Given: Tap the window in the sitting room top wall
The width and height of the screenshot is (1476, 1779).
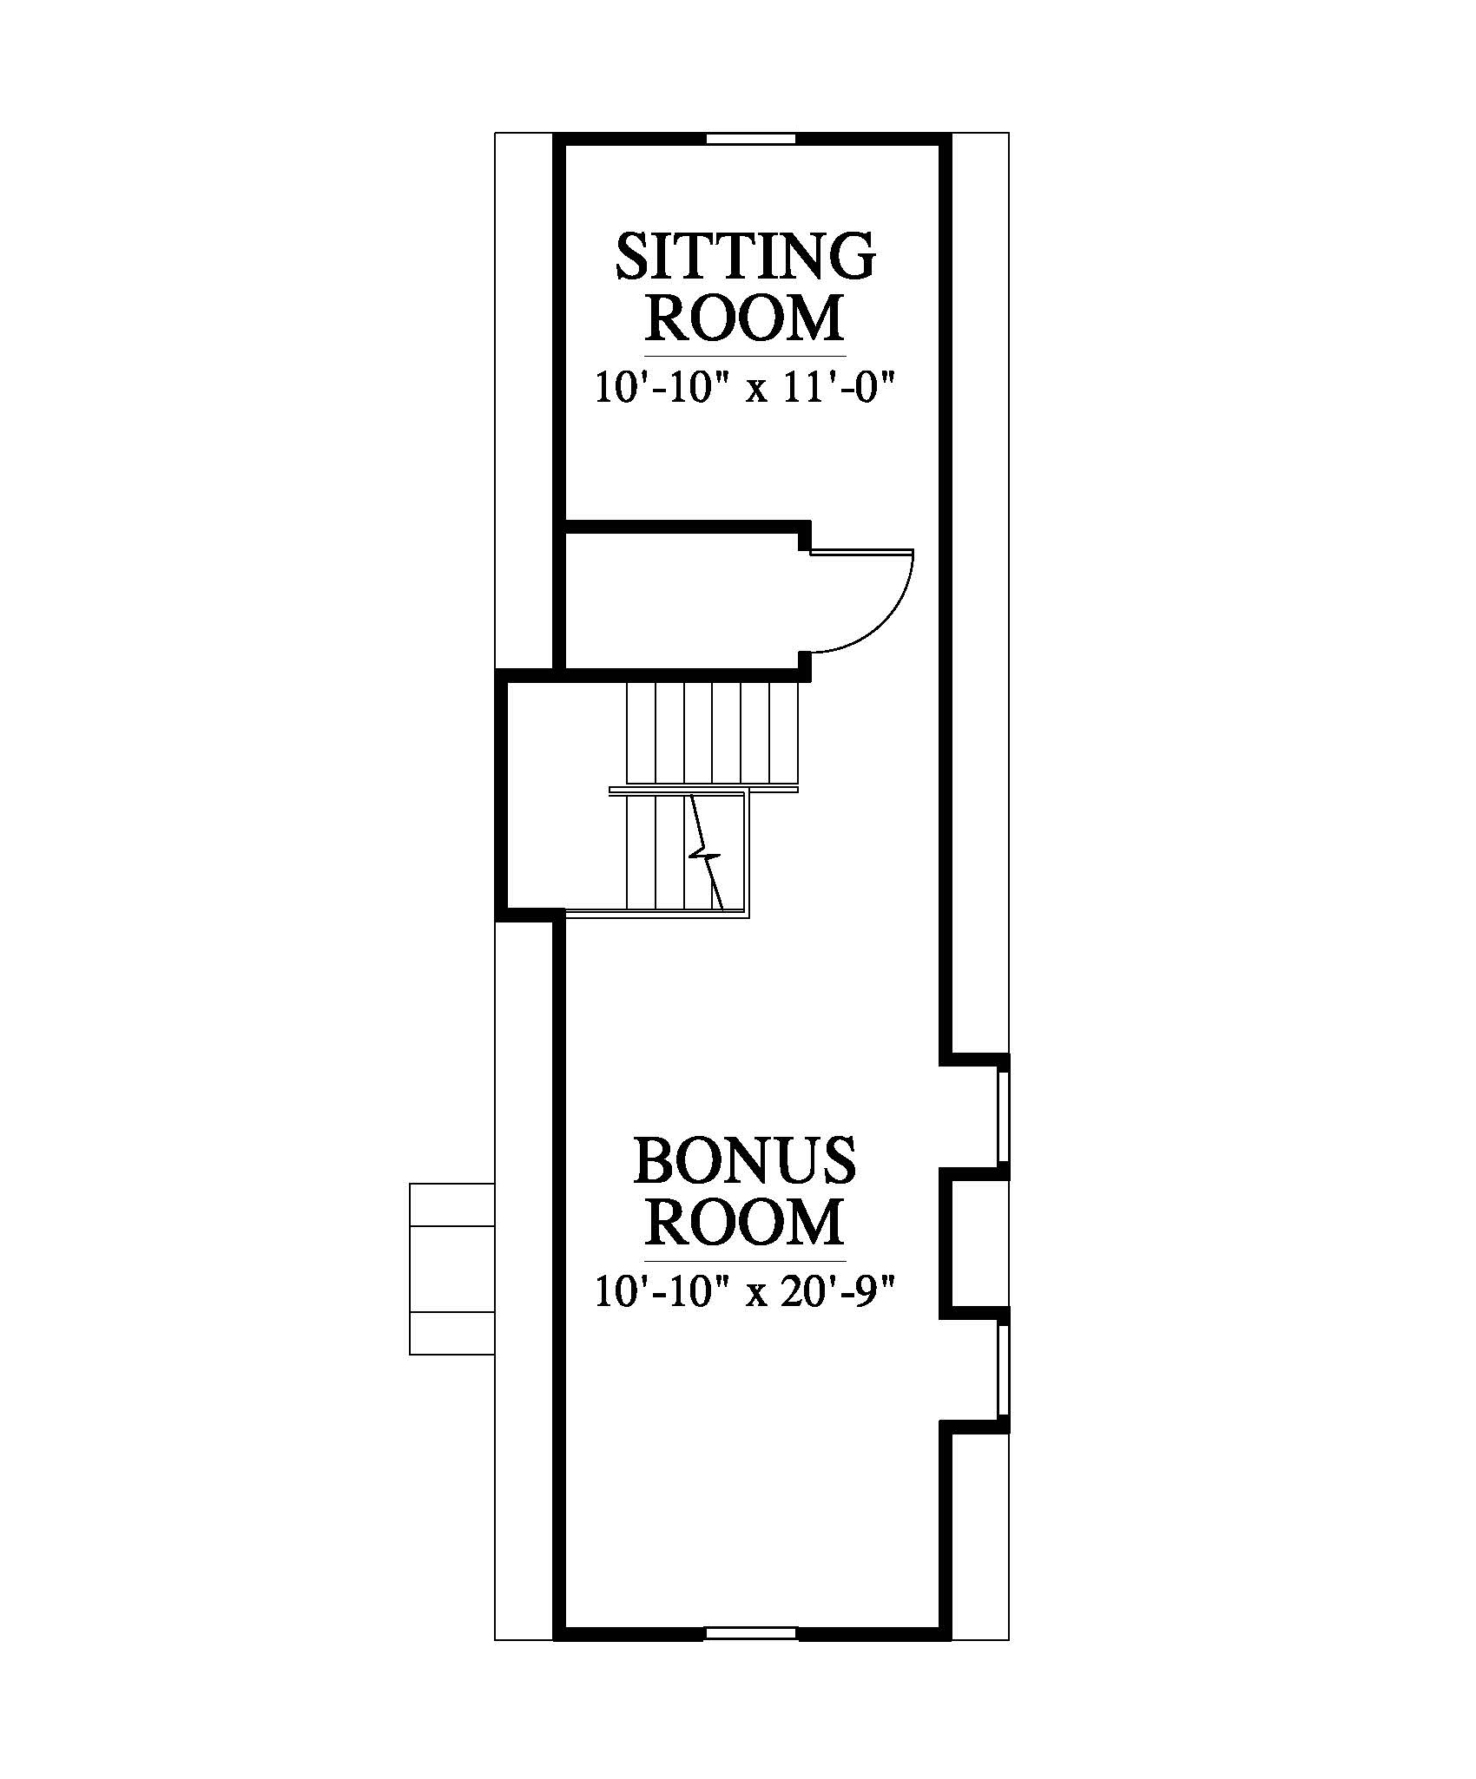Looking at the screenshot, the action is coord(750,139).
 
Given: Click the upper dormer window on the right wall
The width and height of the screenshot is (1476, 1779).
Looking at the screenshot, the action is coord(1004,1116).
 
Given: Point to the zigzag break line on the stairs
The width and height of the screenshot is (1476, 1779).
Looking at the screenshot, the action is coord(705,851).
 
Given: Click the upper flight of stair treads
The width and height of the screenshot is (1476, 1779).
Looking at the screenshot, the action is coord(711,734).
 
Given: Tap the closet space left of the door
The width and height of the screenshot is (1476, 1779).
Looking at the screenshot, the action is coord(682,600).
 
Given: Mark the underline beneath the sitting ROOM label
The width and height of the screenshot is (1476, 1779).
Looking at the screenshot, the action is coord(745,356).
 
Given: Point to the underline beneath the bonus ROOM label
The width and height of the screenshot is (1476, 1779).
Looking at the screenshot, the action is coord(745,1260).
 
